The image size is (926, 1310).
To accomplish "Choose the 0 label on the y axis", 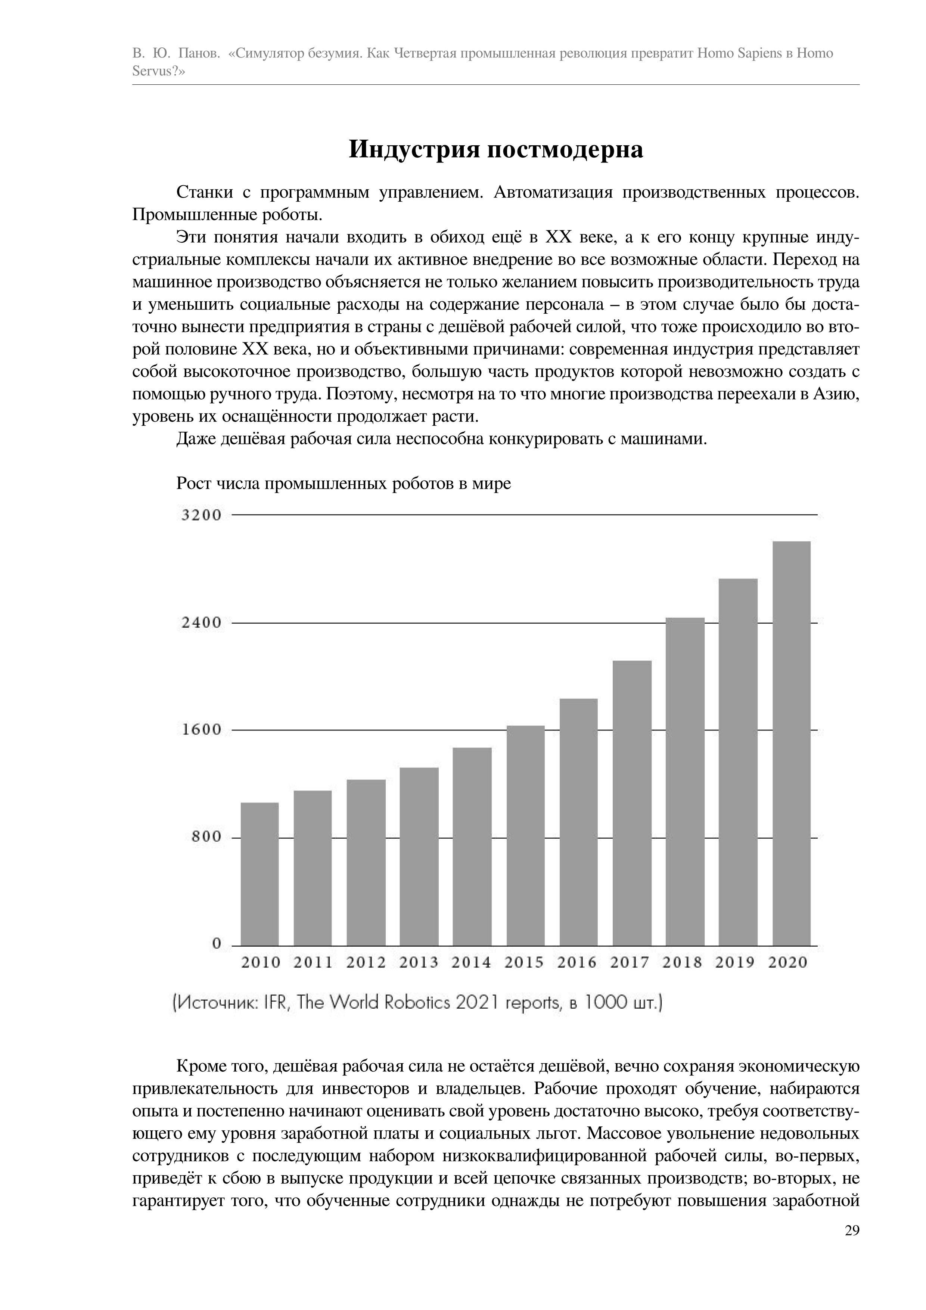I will coord(216,944).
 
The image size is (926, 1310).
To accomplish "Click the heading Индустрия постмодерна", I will coord(496,149).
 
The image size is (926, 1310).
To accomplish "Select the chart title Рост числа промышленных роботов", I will coord(344,484).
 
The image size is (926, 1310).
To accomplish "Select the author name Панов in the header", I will coord(198,54).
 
